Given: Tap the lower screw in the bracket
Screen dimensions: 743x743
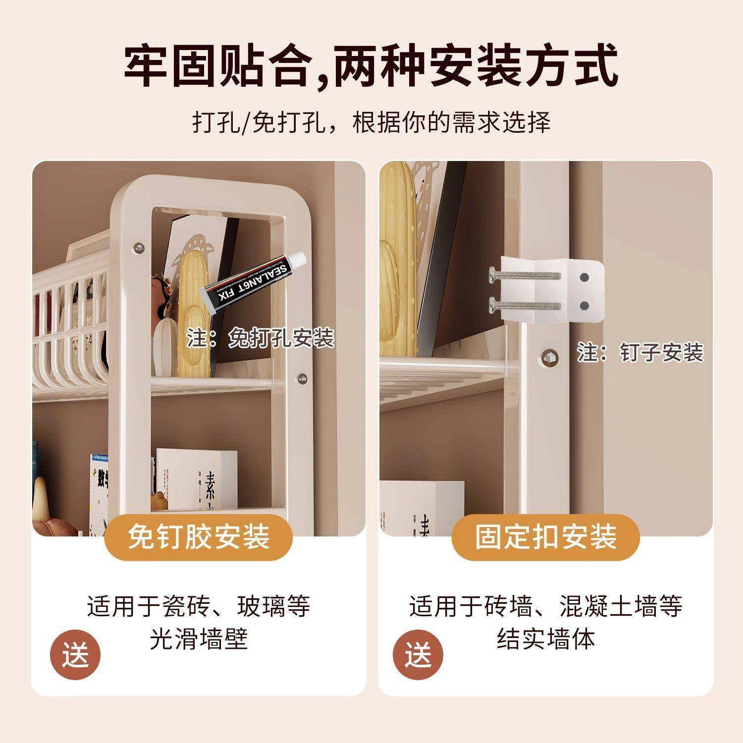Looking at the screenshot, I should (x=525, y=303).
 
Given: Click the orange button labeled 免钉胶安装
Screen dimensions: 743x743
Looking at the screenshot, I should (x=199, y=537).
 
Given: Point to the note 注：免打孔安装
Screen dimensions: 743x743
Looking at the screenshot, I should (x=261, y=339).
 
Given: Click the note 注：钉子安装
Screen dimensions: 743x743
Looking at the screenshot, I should (x=640, y=353).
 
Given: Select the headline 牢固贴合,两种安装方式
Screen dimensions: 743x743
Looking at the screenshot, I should (x=371, y=66).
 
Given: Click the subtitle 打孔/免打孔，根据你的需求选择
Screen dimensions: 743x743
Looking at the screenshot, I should (x=371, y=122).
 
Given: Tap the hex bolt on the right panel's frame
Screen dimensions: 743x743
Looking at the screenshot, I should (x=548, y=355).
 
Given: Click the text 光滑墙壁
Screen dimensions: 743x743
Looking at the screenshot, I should (x=199, y=639).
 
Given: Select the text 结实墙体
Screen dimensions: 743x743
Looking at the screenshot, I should (x=546, y=639).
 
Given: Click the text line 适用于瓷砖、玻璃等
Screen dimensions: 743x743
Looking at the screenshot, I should (x=199, y=606).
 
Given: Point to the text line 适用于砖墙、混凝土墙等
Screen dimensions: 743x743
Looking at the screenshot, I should (x=546, y=606).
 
